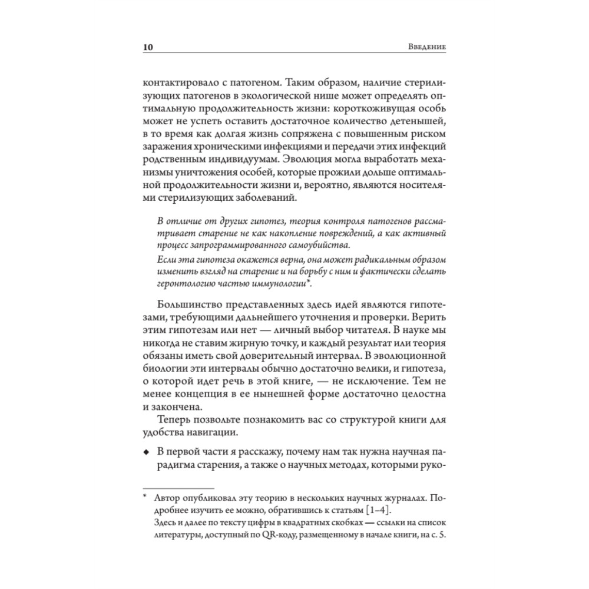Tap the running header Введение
[x=428, y=47]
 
